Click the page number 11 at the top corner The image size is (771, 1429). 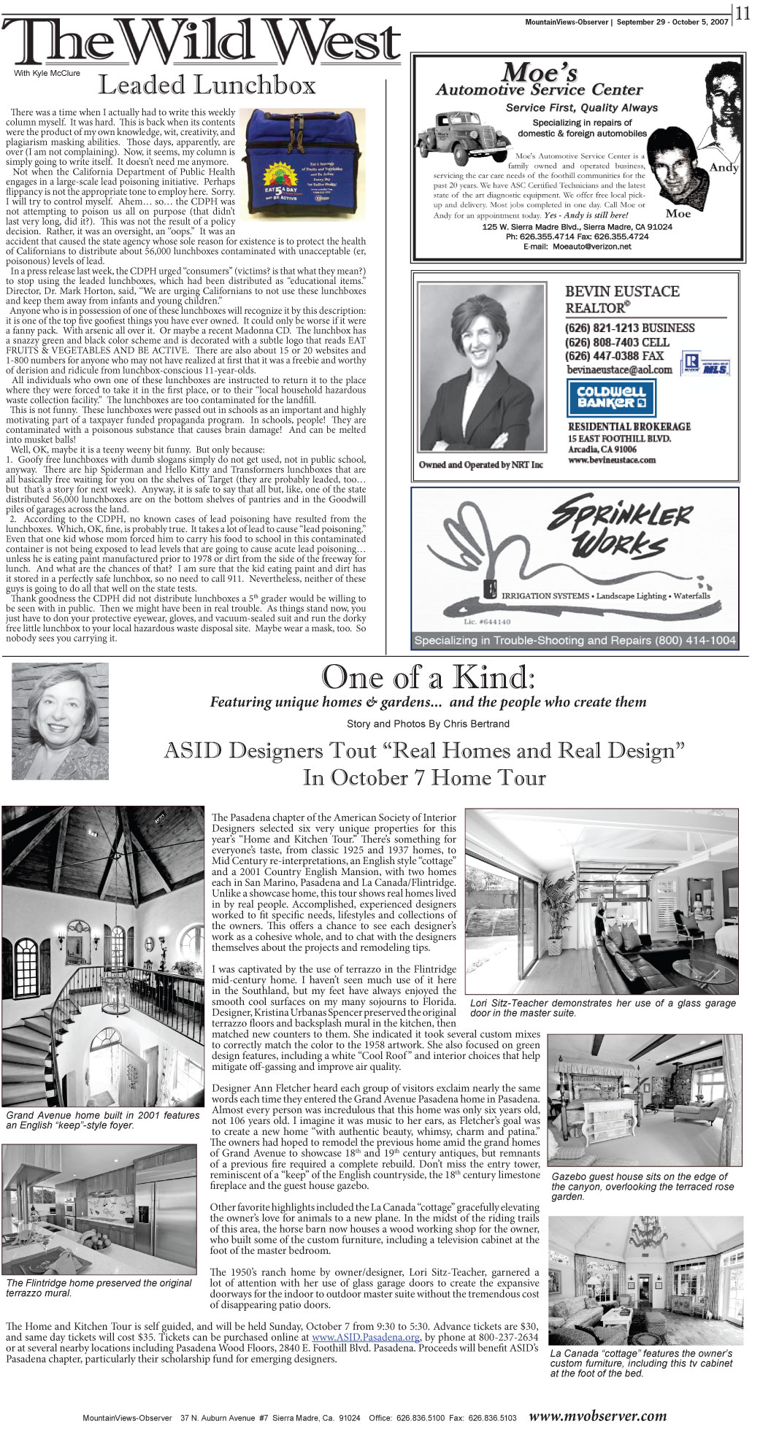click(743, 14)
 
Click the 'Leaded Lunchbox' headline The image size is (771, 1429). click(207, 85)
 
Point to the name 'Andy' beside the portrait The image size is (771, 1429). click(724, 167)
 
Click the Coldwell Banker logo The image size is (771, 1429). click(610, 398)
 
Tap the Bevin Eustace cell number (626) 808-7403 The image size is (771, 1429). click(616, 342)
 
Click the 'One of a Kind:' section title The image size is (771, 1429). click(428, 677)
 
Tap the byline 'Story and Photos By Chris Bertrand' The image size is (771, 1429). click(428, 724)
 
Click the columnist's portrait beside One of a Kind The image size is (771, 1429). click(60, 720)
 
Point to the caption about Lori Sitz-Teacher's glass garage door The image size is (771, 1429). click(602, 1008)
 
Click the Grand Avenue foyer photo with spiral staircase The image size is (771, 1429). click(102, 956)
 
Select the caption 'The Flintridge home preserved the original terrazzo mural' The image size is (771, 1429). click(99, 1287)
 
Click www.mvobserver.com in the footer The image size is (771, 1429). click(597, 1416)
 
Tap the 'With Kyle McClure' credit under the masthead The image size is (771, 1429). click(47, 73)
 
